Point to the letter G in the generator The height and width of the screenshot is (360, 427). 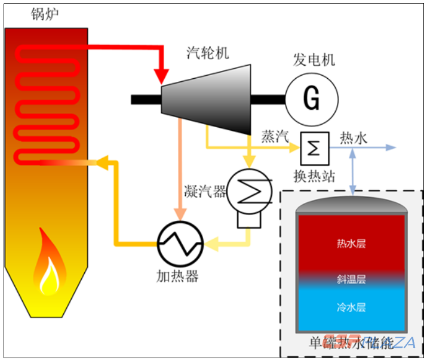click(x=311, y=97)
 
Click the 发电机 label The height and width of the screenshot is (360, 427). click(x=314, y=60)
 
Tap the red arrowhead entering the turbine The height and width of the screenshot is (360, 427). click(x=161, y=76)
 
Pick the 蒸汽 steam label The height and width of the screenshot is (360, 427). click(x=275, y=136)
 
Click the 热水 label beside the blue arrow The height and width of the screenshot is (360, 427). click(x=353, y=139)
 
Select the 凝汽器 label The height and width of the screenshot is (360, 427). click(x=205, y=192)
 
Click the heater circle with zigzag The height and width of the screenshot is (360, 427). click(x=180, y=242)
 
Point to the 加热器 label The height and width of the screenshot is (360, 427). click(x=177, y=276)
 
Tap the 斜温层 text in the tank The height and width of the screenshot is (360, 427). click(x=351, y=279)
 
